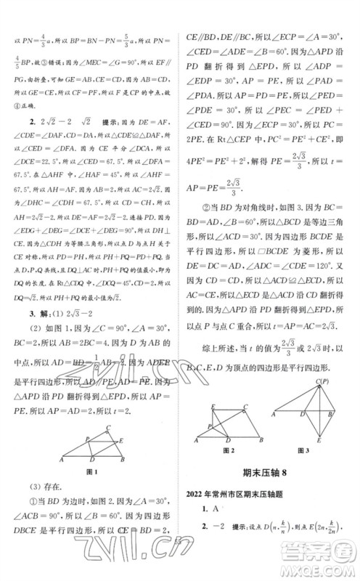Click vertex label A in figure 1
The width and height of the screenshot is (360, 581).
click(61, 460)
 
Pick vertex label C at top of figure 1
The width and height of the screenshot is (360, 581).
click(107, 428)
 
